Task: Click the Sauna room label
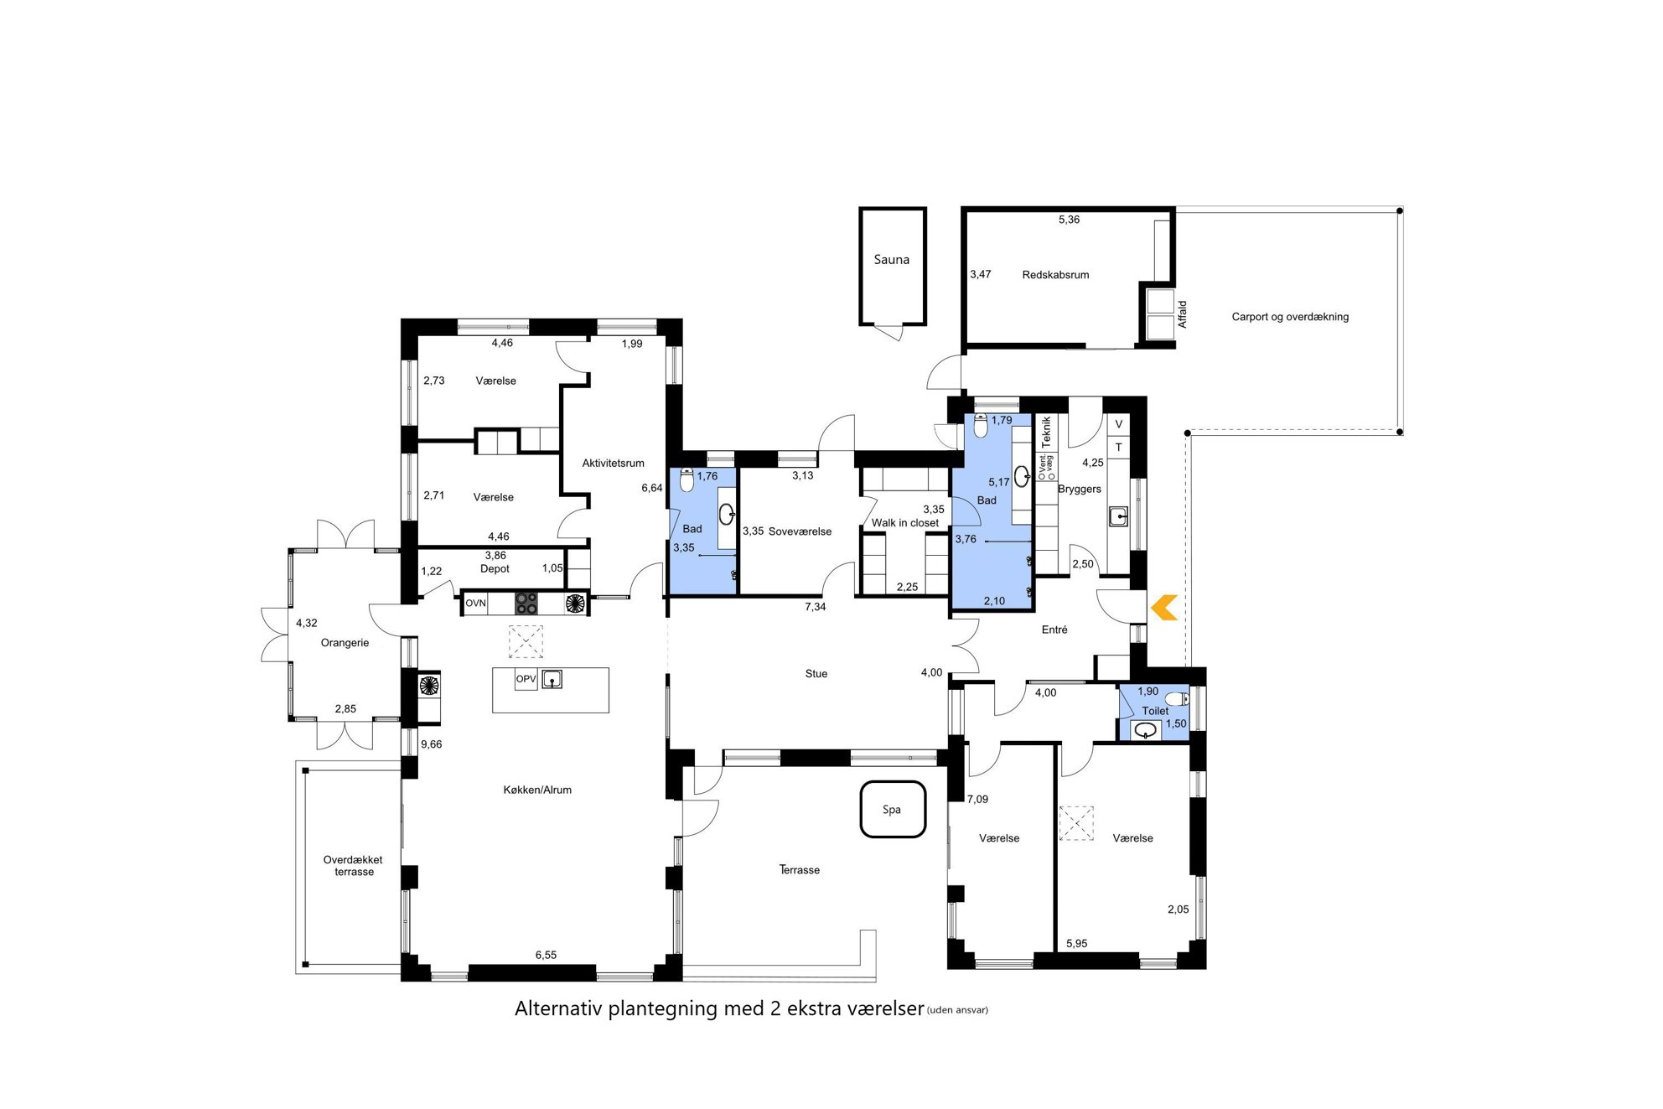click(x=891, y=260)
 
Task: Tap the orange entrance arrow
click(x=1164, y=608)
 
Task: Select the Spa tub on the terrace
click(x=893, y=810)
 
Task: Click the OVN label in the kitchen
click(x=475, y=603)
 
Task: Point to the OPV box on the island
click(x=526, y=679)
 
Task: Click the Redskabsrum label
click(x=1055, y=275)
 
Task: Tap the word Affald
click(x=1182, y=314)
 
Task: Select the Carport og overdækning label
click(x=1290, y=317)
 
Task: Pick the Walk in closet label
click(x=905, y=523)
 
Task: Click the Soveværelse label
click(x=800, y=531)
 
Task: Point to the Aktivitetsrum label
click(x=614, y=463)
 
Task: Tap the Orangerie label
click(x=345, y=643)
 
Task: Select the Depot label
click(x=495, y=568)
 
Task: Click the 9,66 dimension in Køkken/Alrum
click(x=431, y=744)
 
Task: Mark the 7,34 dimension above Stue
click(x=816, y=607)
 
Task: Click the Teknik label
click(x=1046, y=432)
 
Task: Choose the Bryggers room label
click(x=1080, y=489)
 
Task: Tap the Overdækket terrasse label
click(x=353, y=866)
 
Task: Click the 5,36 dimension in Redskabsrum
click(x=1069, y=220)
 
